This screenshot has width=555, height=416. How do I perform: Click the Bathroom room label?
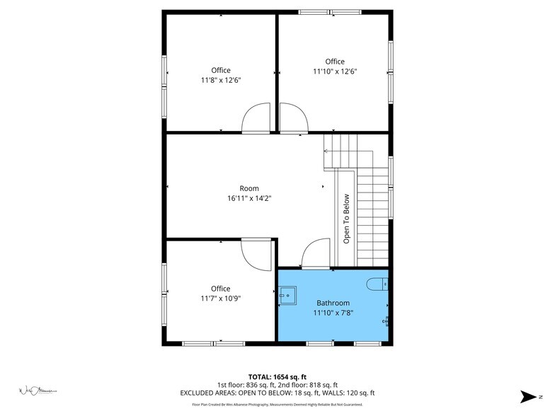[333, 303]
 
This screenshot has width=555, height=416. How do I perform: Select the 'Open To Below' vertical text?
[347, 219]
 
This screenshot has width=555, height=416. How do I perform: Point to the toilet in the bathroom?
[377, 284]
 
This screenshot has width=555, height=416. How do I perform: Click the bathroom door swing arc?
[316, 252]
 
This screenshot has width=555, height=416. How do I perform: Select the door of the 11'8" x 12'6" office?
[256, 118]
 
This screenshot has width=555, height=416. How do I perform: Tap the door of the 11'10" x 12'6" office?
[293, 118]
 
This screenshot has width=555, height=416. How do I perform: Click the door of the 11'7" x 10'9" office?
[256, 254]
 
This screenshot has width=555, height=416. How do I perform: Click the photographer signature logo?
[36, 390]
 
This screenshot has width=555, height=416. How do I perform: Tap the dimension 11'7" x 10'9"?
[220, 299]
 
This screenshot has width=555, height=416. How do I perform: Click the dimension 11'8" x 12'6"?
[220, 80]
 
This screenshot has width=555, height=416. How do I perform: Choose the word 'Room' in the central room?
[248, 188]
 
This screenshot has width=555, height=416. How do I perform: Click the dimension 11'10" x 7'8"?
[333, 313]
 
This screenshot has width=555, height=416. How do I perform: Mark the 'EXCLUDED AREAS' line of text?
[277, 393]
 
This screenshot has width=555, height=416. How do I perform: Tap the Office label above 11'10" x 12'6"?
[335, 62]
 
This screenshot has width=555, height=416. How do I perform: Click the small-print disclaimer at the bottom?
[277, 405]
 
